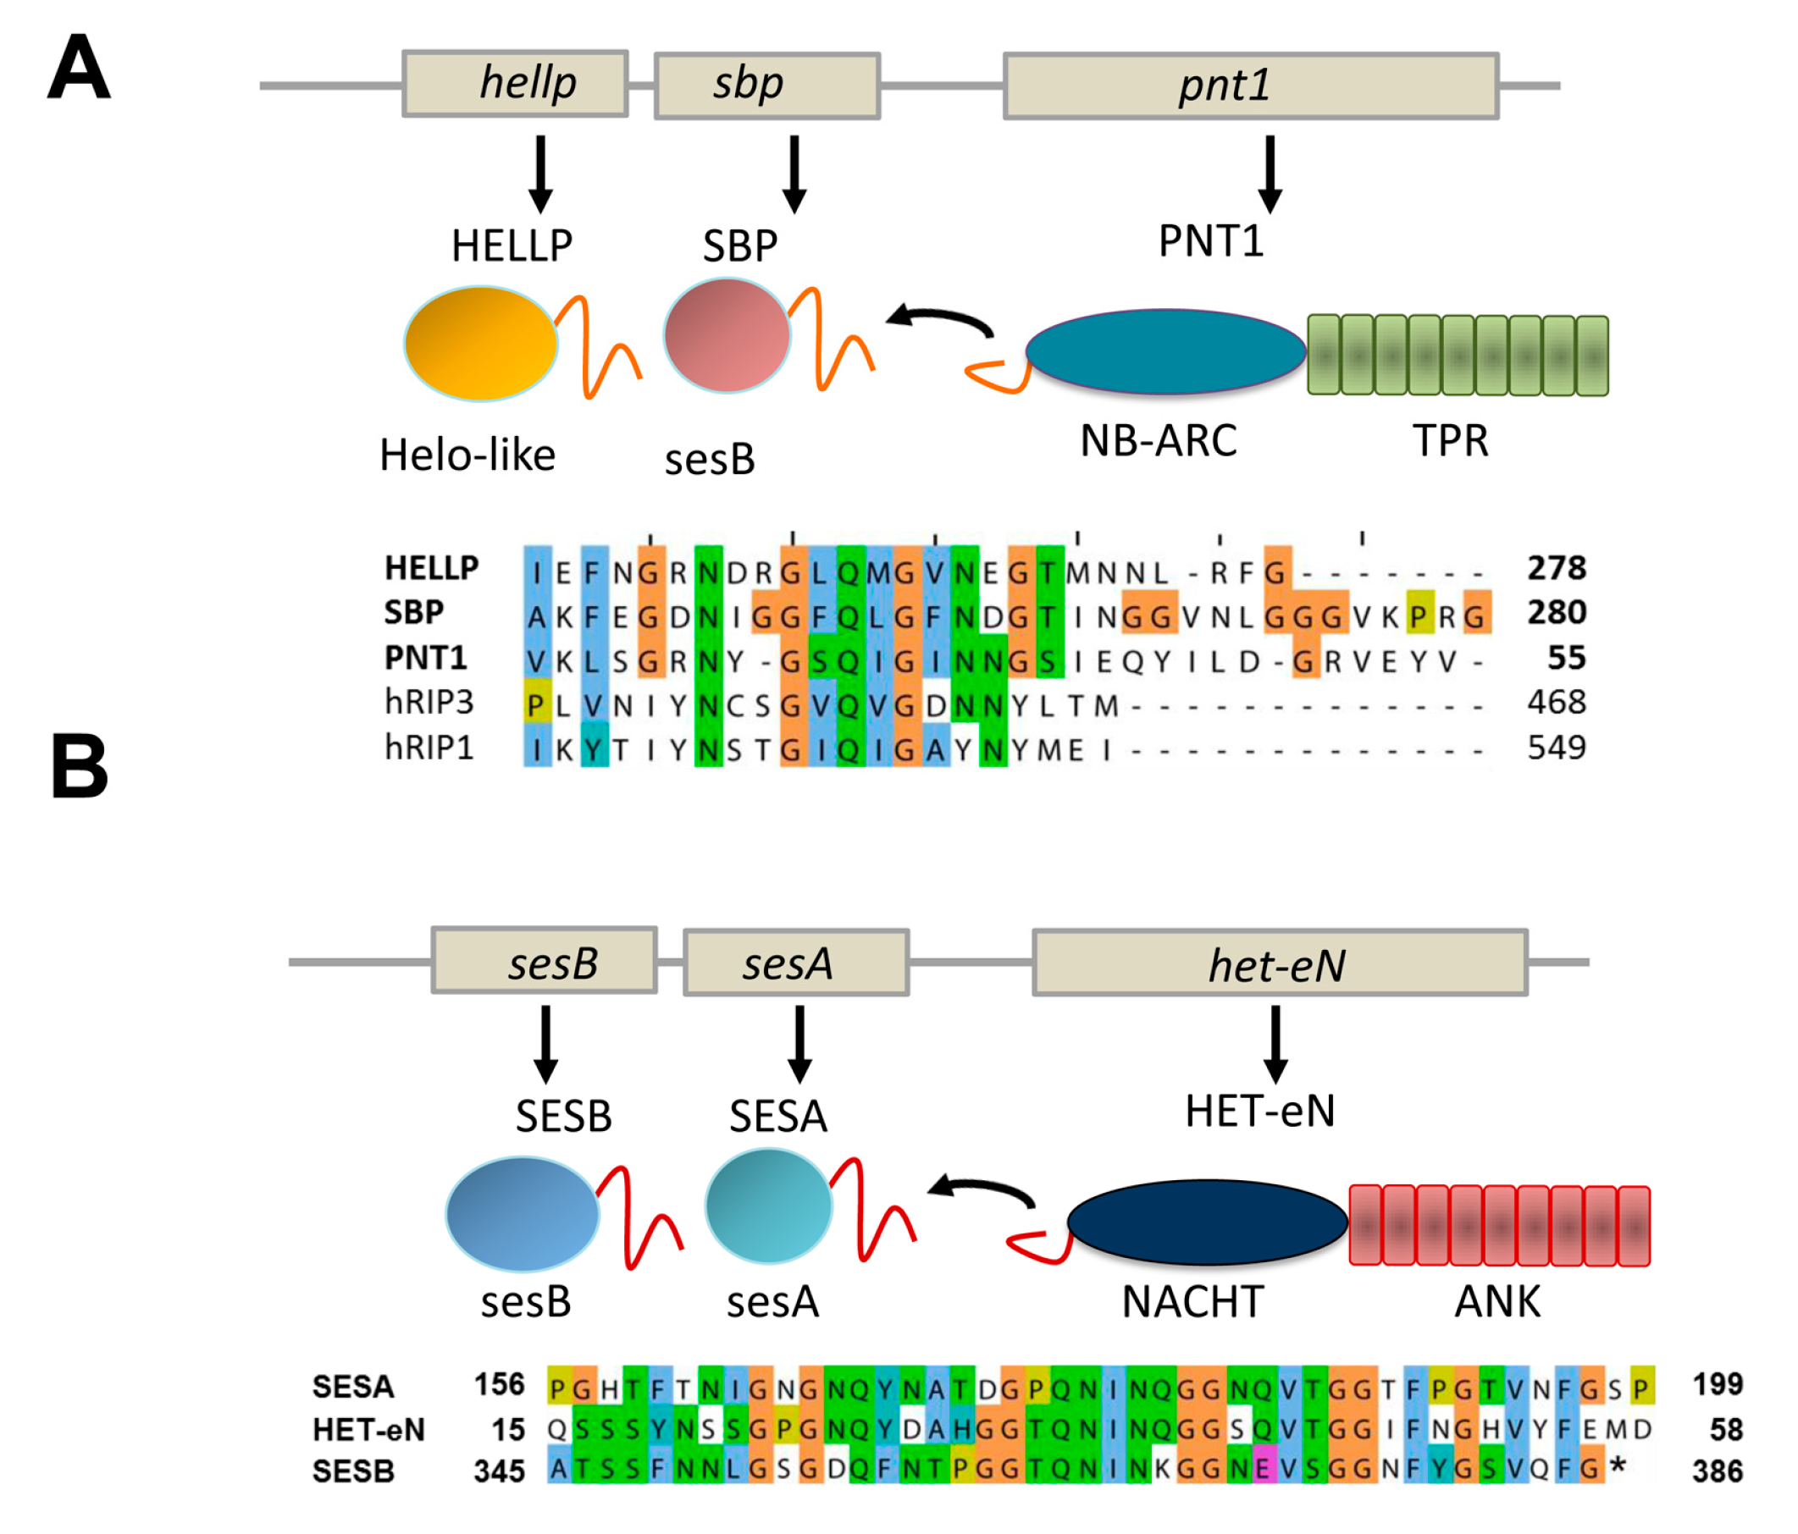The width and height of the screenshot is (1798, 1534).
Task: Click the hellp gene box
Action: pos(516,84)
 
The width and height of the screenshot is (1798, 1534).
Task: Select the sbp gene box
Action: pos(767,86)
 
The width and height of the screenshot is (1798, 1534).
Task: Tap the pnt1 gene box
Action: pos(1250,86)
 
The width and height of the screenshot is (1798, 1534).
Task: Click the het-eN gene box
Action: pos(1279,963)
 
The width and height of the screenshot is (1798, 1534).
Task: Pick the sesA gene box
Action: pos(796,963)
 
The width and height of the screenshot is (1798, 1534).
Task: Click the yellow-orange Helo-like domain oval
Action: pos(481,345)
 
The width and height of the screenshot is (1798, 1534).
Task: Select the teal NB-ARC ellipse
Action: pos(1165,352)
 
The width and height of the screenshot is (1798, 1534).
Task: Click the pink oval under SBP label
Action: pos(727,335)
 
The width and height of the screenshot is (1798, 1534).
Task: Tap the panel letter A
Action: pos(79,68)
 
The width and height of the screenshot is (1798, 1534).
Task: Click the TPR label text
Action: pos(1450,441)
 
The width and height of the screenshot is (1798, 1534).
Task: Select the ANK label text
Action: pos(1496,1301)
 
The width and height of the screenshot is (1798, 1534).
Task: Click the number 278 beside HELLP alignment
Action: pos(1556,568)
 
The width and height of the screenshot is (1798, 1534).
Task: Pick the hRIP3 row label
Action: pos(429,702)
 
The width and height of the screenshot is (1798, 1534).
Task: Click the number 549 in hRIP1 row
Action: pos(1556,747)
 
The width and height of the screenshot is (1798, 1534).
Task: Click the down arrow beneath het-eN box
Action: pos(1275,1044)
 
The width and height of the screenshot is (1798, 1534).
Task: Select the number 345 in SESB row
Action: pos(499,1471)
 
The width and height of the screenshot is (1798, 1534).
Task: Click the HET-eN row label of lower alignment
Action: pos(368,1430)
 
